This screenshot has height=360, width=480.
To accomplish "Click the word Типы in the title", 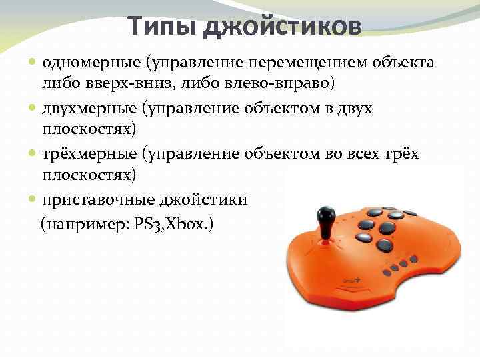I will click(162, 27).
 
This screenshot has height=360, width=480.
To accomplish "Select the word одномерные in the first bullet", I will click(85, 63).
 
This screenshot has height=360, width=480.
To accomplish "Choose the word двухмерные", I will click(85, 109).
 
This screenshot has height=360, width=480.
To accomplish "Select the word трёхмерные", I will click(84, 154).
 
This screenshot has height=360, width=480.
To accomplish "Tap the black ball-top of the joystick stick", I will click(326, 216).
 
